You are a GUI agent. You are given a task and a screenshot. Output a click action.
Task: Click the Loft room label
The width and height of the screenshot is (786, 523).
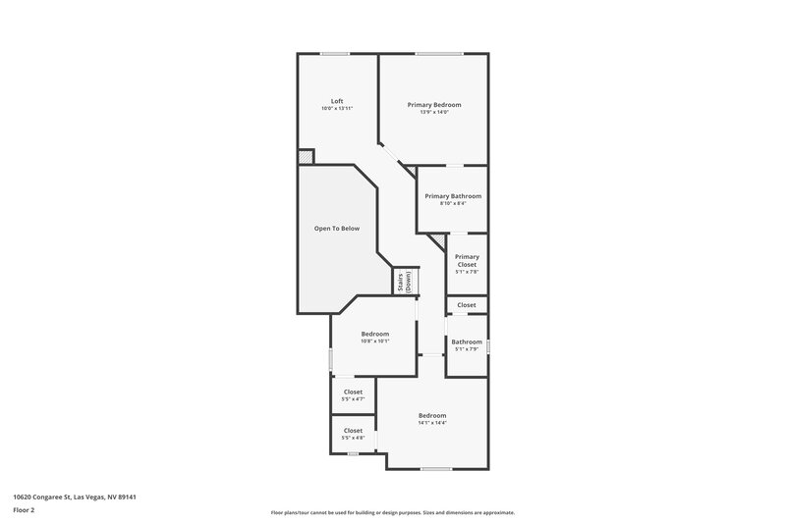pyautogui.click(x=337, y=101)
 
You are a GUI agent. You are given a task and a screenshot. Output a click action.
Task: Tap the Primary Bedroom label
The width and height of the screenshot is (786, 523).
pyautogui.click(x=433, y=104)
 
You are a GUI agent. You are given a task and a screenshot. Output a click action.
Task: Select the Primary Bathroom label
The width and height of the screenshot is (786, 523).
pyautogui.click(x=453, y=196)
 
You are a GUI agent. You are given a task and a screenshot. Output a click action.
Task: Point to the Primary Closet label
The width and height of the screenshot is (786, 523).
pyautogui.click(x=467, y=261)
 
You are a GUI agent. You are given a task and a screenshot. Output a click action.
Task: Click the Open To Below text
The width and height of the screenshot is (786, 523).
pyautogui.click(x=337, y=229)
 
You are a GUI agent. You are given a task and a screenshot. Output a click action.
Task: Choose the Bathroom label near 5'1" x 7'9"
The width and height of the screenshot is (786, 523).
pyautogui.click(x=467, y=341)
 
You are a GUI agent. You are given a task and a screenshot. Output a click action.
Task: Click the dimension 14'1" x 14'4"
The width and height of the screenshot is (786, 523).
pyautogui.click(x=432, y=423)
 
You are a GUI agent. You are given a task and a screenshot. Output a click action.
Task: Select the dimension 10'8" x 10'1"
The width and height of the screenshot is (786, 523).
pyautogui.click(x=374, y=341)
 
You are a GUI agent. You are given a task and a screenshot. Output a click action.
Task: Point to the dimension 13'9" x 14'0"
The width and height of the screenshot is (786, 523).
pyautogui.click(x=433, y=112)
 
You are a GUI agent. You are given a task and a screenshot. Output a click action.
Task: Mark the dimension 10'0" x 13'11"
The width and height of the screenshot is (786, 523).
pyautogui.click(x=337, y=108)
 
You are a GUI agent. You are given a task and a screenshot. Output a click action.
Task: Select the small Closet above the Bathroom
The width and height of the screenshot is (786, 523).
pyautogui.click(x=467, y=305)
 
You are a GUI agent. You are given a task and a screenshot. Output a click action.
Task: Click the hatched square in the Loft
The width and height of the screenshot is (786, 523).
pyautogui.click(x=307, y=157)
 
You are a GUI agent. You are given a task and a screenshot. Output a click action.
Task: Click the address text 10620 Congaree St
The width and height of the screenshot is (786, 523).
pyautogui.click(x=74, y=497)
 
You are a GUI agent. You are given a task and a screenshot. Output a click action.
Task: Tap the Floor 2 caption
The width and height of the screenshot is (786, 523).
pyautogui.click(x=25, y=510)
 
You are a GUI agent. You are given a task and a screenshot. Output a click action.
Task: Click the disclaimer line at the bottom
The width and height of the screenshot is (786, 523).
pyautogui.click(x=393, y=512)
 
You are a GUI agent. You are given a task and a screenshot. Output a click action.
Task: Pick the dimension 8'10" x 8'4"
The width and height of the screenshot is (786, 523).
pyautogui.click(x=453, y=204)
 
